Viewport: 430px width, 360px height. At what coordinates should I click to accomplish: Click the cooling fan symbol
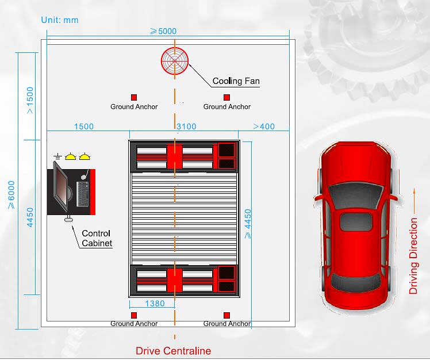175,61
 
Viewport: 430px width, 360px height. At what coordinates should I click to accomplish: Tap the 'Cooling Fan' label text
236,81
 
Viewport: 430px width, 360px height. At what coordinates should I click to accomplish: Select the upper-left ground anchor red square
134,97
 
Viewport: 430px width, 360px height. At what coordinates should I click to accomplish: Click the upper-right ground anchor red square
226,97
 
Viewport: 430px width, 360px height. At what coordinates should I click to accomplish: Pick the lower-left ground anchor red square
134,315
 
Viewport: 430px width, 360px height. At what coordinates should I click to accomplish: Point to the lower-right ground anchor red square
226,315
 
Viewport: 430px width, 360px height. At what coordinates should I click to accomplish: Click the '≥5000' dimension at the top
163,31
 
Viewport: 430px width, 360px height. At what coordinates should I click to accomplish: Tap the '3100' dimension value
186,127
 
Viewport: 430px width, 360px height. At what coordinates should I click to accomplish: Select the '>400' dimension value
264,127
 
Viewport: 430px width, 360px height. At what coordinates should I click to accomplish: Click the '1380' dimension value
155,304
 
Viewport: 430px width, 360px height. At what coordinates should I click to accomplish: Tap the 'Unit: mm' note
60,20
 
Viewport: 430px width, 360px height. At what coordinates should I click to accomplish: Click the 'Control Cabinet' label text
96,238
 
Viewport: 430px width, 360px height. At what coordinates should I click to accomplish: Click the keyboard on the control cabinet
82,194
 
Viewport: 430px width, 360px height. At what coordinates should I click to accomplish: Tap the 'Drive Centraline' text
173,351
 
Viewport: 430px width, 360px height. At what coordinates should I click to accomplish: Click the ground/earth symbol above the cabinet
57,156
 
